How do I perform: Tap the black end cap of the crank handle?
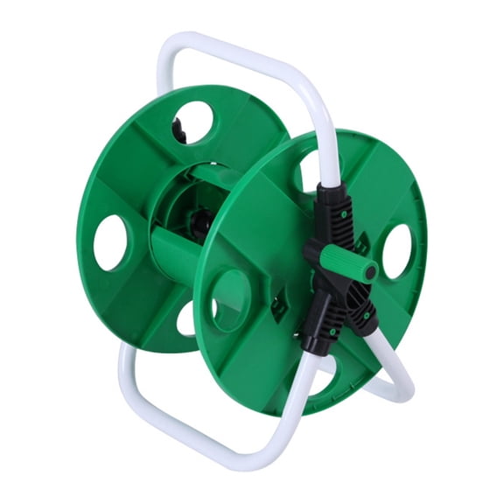[371, 272]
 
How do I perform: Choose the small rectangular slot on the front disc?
[279, 306]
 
